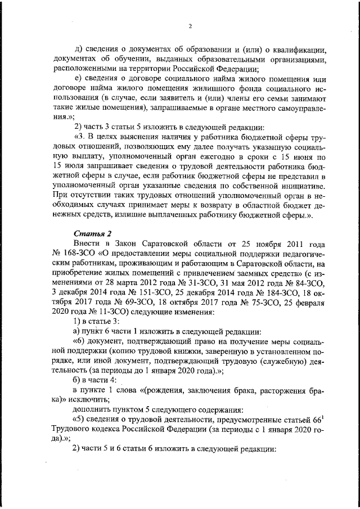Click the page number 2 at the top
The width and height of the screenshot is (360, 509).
pyautogui.click(x=190, y=26)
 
